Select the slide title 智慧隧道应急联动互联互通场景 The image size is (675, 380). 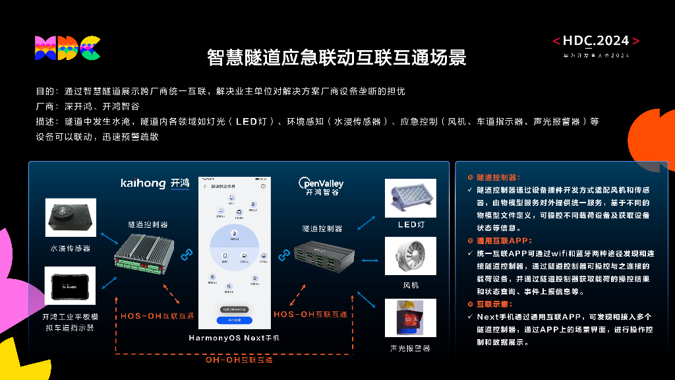click(337, 58)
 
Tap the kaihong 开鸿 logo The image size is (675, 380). click(155, 183)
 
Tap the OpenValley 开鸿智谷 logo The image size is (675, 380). click(321, 187)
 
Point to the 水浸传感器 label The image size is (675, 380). click(71, 248)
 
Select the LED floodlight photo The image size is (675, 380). click(411, 197)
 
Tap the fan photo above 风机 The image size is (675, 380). click(411, 257)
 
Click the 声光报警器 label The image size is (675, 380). click(410, 348)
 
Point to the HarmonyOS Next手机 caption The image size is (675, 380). click(234, 338)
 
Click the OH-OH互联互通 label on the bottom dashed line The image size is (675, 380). click(239, 360)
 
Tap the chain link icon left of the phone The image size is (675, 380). click(187, 253)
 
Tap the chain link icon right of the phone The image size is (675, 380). click(284, 253)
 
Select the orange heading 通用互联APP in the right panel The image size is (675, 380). click(504, 241)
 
